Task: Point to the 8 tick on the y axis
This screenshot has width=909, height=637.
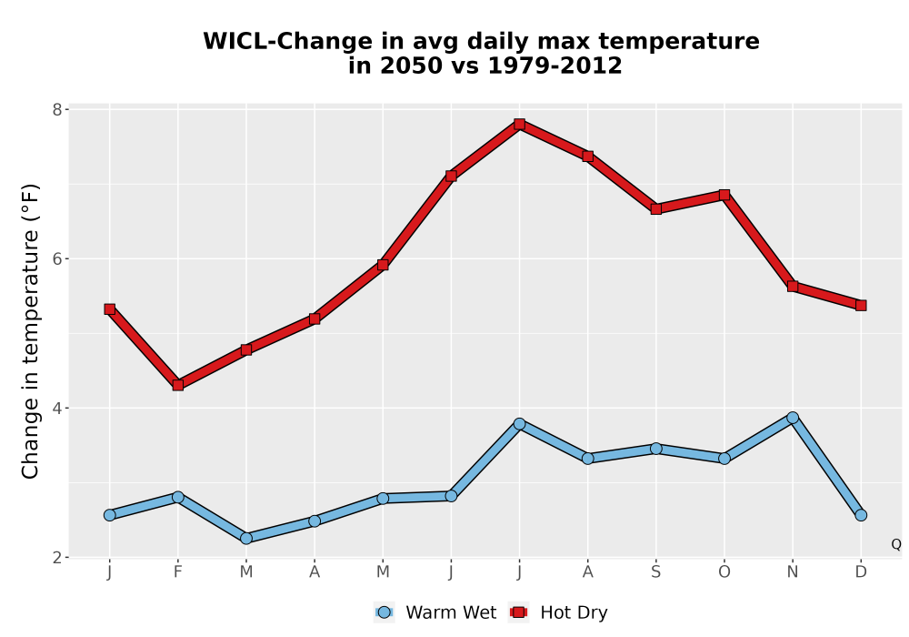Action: click(x=57, y=109)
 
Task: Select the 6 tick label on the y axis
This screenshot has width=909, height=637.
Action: click(x=57, y=258)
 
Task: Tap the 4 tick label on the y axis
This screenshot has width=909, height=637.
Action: click(x=57, y=408)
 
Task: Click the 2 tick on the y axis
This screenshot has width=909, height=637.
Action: click(x=57, y=558)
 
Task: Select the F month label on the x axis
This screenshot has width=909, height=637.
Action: click(x=178, y=572)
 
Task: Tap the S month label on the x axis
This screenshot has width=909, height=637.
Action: click(x=655, y=572)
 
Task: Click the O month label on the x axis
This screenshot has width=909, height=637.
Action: click(x=724, y=572)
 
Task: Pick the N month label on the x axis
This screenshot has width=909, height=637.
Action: click(x=793, y=572)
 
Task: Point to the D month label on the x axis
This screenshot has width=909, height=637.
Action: click(x=861, y=572)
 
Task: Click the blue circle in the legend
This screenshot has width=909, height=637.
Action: click(x=384, y=612)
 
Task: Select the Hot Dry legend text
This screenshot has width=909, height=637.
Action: click(x=574, y=612)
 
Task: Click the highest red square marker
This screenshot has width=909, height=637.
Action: click(x=519, y=124)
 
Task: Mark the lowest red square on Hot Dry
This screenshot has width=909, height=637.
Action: click(x=178, y=385)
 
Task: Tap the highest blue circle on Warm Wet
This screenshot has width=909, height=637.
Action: click(x=793, y=418)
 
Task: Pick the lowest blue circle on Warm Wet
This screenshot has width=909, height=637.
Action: click(x=246, y=539)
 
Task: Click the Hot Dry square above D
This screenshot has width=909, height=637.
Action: click(x=861, y=305)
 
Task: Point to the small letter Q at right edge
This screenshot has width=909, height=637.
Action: click(x=896, y=544)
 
